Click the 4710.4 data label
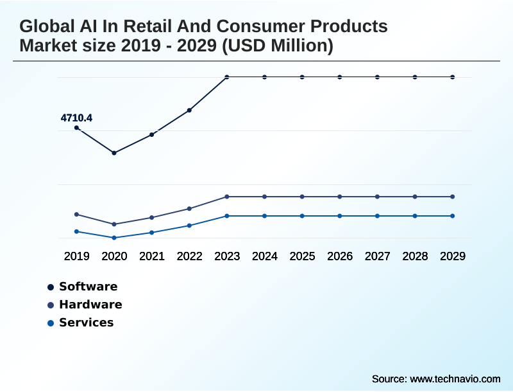(76, 118)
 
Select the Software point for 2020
(114, 153)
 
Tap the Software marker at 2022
(190, 111)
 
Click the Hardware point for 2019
(77, 215)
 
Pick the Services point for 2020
(114, 238)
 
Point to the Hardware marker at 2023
(227, 197)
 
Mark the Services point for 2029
(453, 216)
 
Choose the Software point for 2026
(340, 77)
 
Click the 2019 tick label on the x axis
(77, 256)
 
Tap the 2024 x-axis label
(265, 256)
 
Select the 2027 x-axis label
(378, 256)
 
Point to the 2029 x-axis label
(453, 256)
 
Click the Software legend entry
(88, 287)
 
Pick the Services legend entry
(86, 323)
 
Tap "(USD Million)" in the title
(281, 46)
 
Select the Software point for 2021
(152, 135)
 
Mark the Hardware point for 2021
(152, 218)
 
